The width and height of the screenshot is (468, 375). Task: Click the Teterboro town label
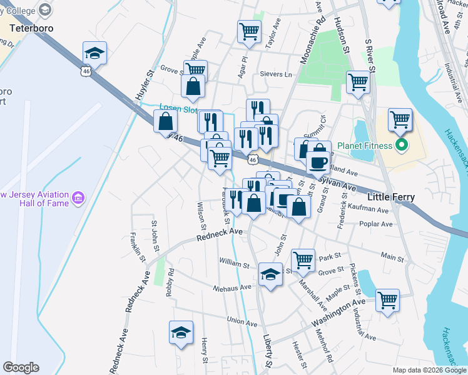[30, 28]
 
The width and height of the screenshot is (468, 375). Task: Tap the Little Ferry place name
[391, 197]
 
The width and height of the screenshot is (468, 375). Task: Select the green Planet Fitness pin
[401, 146]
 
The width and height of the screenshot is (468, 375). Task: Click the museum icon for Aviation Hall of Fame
[78, 199]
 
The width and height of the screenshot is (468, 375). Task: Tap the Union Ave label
[243, 321]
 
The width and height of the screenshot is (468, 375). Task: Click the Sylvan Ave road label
[338, 183]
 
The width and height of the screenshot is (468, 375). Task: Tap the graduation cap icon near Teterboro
[94, 53]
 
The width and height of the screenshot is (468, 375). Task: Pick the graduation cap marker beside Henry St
[181, 332]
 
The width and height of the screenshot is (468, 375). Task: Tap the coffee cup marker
[318, 162]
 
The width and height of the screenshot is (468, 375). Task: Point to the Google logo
[21, 367]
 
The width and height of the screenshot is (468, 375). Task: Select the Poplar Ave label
[375, 223]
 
